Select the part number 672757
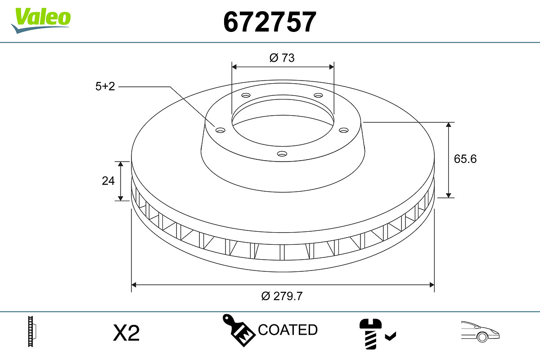[270, 22]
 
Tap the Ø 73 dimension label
[282, 58]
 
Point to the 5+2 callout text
[105, 86]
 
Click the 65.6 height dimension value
[465, 159]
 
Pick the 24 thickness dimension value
[108, 181]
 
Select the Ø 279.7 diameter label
[282, 296]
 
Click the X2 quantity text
[126, 333]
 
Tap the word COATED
[288, 329]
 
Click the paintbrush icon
[238, 330]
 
